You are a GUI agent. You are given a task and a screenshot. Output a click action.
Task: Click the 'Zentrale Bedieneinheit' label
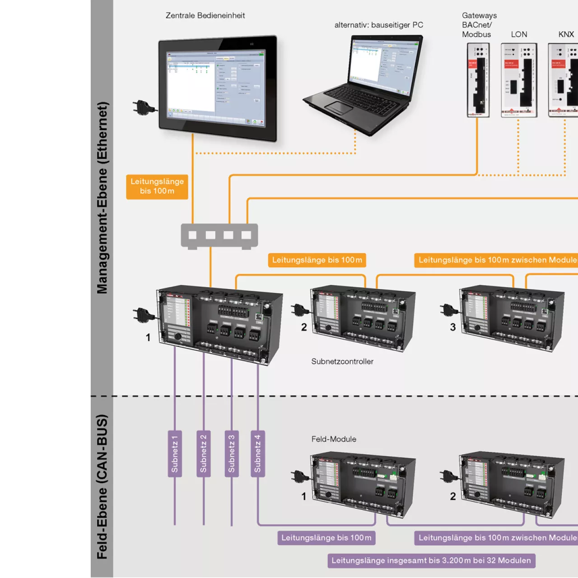[205, 15]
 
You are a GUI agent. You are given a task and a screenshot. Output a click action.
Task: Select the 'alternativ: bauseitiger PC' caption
[378, 25]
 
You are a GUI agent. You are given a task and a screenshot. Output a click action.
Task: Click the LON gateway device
[519, 80]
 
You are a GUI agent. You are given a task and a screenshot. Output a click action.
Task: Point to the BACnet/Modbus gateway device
[478, 80]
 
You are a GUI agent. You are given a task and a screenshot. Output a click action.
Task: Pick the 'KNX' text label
[566, 34]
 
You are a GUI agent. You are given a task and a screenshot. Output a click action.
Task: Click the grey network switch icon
[219, 236]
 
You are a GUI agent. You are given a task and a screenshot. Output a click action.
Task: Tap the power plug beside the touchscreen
[144, 108]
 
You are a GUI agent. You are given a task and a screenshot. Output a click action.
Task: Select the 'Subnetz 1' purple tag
[175, 454]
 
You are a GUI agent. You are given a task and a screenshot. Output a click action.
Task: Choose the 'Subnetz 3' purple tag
[232, 454]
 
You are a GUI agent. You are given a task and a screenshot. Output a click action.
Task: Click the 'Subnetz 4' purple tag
[257, 454]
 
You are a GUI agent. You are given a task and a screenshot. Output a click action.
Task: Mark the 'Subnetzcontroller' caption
[342, 361]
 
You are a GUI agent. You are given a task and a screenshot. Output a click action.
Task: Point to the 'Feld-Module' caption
[334, 439]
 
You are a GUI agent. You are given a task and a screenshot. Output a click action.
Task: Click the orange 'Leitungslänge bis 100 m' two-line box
[157, 186]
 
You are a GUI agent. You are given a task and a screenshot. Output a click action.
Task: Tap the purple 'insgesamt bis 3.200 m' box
[431, 560]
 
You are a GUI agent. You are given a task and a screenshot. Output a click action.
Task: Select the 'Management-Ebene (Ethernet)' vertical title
[103, 198]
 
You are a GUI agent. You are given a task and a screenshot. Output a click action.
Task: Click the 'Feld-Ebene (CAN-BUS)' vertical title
[103, 487]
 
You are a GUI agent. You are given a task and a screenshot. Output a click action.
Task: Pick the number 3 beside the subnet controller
[453, 327]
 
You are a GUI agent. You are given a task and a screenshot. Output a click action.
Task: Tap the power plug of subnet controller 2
[299, 310]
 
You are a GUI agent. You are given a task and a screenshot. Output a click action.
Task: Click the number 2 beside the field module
[453, 496]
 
